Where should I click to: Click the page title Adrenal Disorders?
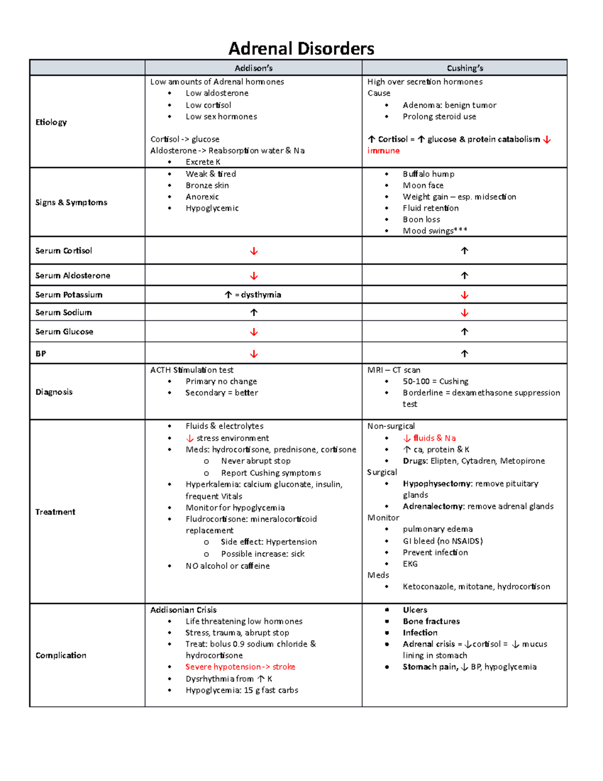pos(301,49)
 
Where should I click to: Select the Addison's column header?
pos(253,68)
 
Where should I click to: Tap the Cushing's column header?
pos(465,68)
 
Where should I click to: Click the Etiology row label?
pos(51,122)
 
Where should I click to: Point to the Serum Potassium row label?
pos(69,295)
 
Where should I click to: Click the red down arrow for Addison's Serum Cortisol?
pos(254,251)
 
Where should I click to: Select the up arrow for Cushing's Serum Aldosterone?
pos(464,276)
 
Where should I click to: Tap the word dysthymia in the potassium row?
pos(261,295)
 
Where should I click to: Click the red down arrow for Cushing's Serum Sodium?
pos(464,313)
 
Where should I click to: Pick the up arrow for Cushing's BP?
pos(464,354)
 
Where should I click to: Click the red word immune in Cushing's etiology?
pos(383,151)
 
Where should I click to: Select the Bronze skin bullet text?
pos(207,186)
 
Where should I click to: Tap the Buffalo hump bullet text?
pos(428,174)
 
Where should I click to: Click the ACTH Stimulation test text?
pos(192,370)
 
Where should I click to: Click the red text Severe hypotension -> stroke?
pos(240,667)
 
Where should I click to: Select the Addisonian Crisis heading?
pos(183,610)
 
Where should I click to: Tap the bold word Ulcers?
pos(415,610)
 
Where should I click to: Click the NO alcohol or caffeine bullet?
pos(227,566)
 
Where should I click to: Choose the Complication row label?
pos(61,655)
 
